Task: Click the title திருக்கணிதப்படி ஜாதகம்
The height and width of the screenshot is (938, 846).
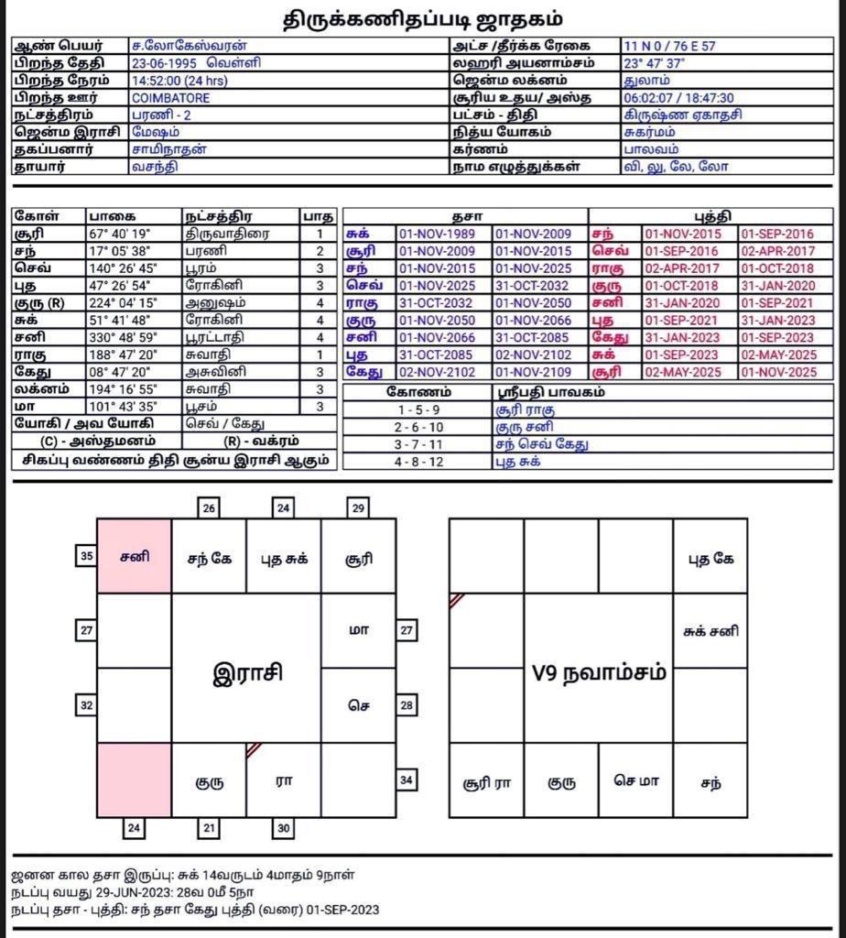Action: coord(422,18)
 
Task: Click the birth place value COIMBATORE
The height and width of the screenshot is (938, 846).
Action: coord(171,98)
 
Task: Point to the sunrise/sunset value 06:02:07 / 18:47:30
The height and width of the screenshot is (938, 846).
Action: coord(678,98)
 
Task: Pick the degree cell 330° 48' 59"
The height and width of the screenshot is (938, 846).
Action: coord(124,336)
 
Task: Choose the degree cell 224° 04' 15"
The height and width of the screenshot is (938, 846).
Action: coord(124,285)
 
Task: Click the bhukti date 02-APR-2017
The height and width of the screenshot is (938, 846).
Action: coord(777,251)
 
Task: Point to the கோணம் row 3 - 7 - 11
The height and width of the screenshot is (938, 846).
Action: coord(418,444)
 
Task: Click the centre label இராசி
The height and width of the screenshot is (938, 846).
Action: coord(247,674)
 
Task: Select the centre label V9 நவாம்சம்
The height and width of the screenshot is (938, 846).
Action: coord(598,674)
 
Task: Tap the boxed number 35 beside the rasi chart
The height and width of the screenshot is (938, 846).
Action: coord(86,556)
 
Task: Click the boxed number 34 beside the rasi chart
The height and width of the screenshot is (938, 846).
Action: coord(407,780)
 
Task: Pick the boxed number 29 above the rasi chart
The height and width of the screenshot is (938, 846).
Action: coord(358,507)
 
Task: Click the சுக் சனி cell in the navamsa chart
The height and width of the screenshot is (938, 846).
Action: coord(710,631)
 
